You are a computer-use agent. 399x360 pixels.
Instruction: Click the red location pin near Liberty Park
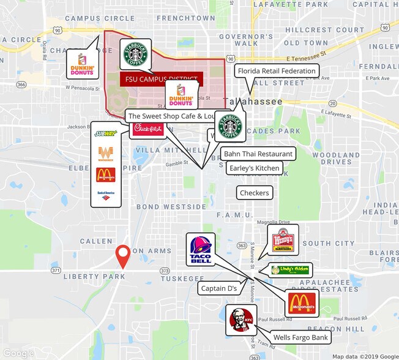tap(124, 255)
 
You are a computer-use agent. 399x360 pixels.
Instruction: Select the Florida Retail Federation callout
tap(277, 71)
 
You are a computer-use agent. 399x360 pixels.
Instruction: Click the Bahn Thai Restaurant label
tap(258, 154)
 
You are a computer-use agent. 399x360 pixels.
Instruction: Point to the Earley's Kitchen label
tap(254, 168)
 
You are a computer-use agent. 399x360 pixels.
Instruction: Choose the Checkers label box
tap(254, 193)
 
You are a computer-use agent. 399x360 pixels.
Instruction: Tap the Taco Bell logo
tap(200, 249)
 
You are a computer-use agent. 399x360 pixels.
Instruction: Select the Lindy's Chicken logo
tap(291, 270)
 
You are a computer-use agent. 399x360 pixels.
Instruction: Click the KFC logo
tap(239, 320)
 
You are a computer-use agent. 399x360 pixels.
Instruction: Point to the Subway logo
tap(105, 133)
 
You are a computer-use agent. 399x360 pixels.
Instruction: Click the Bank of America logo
tap(105, 195)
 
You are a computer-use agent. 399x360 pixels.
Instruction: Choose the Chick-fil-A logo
tap(147, 129)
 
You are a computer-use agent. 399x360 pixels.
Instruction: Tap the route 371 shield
tap(56, 270)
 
